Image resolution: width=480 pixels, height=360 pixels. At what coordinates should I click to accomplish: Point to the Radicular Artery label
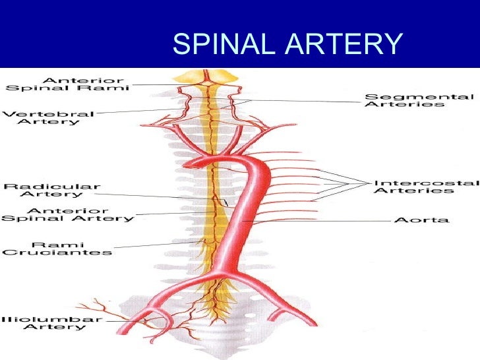(52, 191)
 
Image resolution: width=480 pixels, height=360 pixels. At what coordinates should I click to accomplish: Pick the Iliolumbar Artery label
(53, 324)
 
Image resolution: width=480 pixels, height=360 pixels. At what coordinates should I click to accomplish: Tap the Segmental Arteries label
(419, 100)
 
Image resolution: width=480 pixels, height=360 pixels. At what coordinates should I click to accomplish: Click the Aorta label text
(421, 220)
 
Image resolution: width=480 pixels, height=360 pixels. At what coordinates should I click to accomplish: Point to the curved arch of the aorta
(231, 158)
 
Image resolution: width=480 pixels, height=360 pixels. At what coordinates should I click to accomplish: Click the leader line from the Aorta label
(316, 220)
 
